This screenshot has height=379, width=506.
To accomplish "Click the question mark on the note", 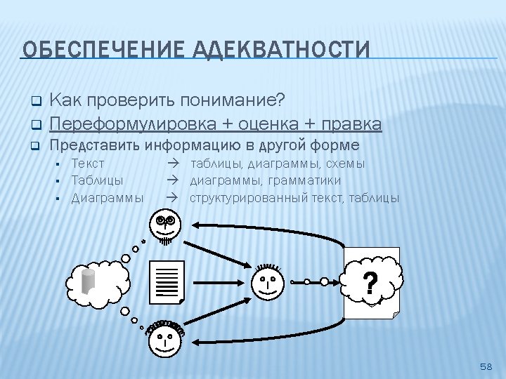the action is coord(370,284).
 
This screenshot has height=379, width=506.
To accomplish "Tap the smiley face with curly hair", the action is coord(166,339).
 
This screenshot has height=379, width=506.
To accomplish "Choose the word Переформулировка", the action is coord(133,124).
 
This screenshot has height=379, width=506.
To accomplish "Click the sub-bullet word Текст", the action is coord(89,164).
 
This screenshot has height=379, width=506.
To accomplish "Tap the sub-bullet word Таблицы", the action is coord(98,180).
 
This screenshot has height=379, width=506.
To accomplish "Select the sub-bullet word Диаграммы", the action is coord(108,197).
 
